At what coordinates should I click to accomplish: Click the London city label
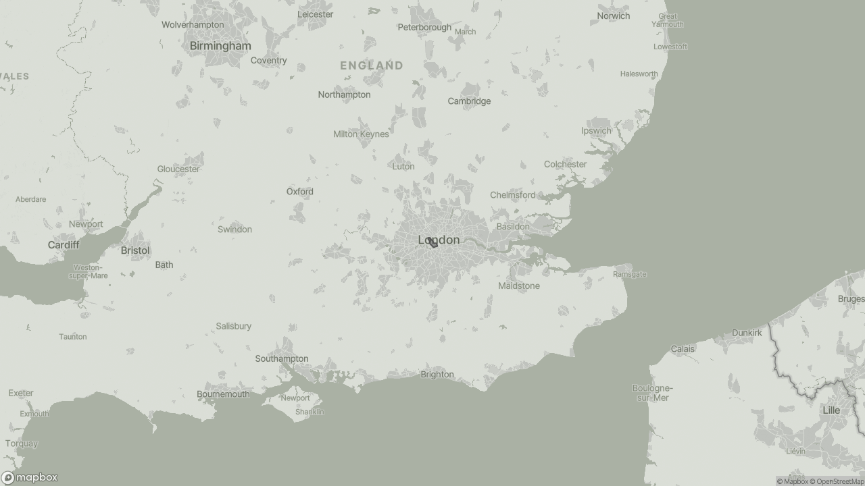(439, 240)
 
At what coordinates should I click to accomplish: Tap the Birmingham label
(220, 46)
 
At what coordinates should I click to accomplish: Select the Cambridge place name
(469, 101)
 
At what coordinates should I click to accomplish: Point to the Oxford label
(299, 192)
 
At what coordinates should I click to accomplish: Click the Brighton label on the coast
(437, 375)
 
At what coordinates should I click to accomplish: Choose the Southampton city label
(282, 359)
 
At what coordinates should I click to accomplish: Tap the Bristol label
(135, 250)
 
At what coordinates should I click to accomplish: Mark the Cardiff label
(64, 244)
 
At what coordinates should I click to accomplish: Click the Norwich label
(614, 16)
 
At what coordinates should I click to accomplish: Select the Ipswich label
(596, 131)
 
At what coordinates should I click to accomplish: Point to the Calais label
(683, 349)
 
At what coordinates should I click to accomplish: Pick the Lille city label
(831, 410)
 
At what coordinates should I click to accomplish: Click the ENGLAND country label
(372, 65)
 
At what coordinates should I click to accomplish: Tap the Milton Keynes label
(361, 134)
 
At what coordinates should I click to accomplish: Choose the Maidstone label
(519, 286)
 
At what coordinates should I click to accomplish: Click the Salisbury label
(234, 326)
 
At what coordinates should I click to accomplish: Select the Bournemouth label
(223, 394)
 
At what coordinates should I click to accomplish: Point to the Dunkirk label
(747, 333)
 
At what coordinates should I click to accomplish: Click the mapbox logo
(30, 477)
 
